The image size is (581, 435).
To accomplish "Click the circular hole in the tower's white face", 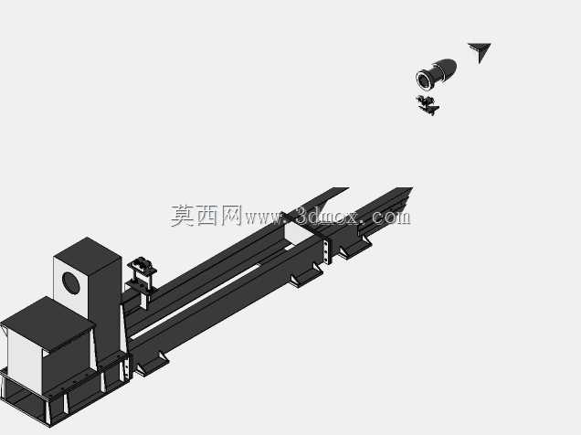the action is point(70,283).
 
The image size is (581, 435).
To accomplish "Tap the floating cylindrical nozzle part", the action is point(436,74).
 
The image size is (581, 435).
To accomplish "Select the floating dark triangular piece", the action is point(480,52).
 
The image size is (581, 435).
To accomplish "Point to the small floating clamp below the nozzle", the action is point(428,105).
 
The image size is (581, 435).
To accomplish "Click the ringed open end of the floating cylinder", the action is point(424,80).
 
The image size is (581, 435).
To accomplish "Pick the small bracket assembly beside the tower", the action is point(142,277).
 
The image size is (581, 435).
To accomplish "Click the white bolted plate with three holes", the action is point(326,251).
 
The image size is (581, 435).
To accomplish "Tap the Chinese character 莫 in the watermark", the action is point(183,216).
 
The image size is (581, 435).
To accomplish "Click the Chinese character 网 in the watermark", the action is point(231,216).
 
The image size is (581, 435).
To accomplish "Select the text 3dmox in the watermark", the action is point(327,217).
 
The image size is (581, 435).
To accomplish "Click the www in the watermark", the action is point(263,219).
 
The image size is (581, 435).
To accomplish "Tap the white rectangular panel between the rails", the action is point(300,233).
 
